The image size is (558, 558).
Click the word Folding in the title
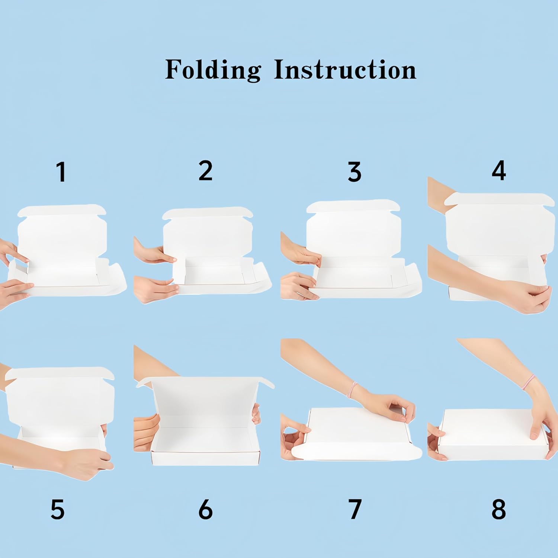(213, 70)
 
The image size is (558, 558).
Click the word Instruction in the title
(345, 70)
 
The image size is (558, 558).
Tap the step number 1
(61, 171)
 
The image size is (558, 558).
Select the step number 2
(205, 171)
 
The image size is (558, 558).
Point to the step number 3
(354, 171)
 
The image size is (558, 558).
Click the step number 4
(499, 171)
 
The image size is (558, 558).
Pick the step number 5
(58, 509)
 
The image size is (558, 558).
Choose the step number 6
(205, 509)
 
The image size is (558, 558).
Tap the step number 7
(355, 509)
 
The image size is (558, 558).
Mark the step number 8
(498, 509)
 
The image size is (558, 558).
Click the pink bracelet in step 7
(352, 389)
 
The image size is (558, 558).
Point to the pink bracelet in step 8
(528, 382)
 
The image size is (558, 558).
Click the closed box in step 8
(490, 434)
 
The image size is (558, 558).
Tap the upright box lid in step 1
(62, 231)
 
